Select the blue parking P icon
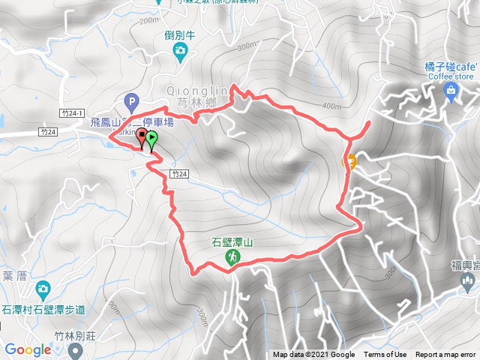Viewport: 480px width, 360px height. pos(132,100)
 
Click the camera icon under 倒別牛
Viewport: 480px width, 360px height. pos(180,51)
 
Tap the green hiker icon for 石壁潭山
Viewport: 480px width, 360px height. pos(232,257)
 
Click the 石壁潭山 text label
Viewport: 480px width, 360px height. pos(232,242)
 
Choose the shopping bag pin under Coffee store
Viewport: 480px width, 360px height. pos(451,92)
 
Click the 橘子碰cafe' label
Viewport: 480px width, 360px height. pos(450,66)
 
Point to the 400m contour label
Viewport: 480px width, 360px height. pos(331,106)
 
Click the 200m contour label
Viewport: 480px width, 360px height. pos(148,20)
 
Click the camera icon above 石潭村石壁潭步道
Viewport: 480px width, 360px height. pos(43,288)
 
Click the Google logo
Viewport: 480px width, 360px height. pos(28,349)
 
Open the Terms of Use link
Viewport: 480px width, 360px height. pos(385,355)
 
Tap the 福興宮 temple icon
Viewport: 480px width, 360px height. pos(468,283)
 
